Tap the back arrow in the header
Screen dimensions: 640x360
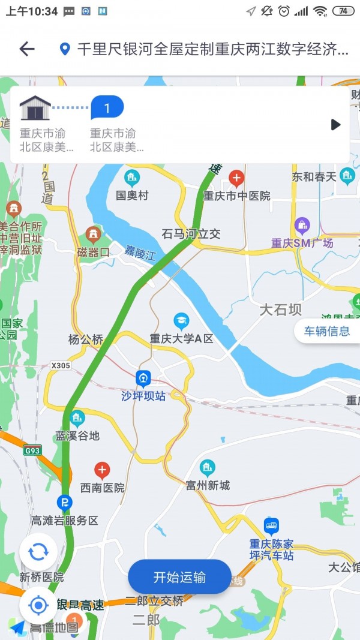[x=27, y=49]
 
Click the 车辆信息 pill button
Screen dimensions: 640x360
[x=326, y=331]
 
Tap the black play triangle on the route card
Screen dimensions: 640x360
[x=335, y=125]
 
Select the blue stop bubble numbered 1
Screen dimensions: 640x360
[x=107, y=109]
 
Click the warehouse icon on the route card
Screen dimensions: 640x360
[x=35, y=109]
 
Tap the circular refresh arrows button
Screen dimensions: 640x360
[x=38, y=552]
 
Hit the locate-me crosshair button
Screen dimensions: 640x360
[x=38, y=605]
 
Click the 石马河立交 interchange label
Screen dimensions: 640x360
[x=191, y=233]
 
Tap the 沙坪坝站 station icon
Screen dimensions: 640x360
[x=143, y=379]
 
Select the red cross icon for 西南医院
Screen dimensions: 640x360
[x=103, y=470]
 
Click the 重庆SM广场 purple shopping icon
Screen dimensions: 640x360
[x=302, y=226]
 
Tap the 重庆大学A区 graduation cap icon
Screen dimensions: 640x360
[x=181, y=321]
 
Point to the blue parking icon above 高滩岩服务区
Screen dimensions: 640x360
[x=64, y=502]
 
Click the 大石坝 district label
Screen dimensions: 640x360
[x=280, y=310]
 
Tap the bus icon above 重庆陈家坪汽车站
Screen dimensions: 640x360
[x=271, y=527]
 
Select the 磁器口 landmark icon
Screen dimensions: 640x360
[x=92, y=234]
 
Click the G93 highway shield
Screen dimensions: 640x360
[x=32, y=449]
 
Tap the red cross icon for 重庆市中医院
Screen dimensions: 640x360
[x=236, y=178]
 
